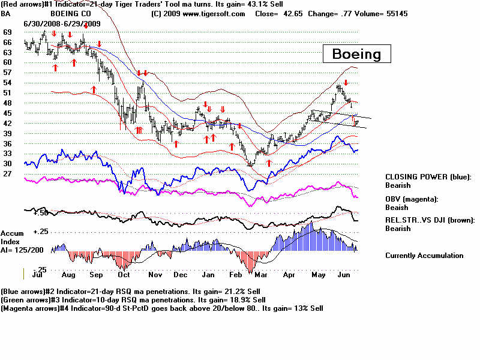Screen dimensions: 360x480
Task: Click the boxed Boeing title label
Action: pos(356,54)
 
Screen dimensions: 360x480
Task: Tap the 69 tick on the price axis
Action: pos(7,31)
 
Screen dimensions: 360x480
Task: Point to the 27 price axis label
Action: pos(7,173)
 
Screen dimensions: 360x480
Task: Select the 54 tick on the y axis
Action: pos(7,82)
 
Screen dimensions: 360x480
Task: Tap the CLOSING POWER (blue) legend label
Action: pos(428,177)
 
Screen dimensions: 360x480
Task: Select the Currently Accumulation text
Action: pos(424,256)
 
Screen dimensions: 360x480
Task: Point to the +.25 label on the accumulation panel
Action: pos(40,231)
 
